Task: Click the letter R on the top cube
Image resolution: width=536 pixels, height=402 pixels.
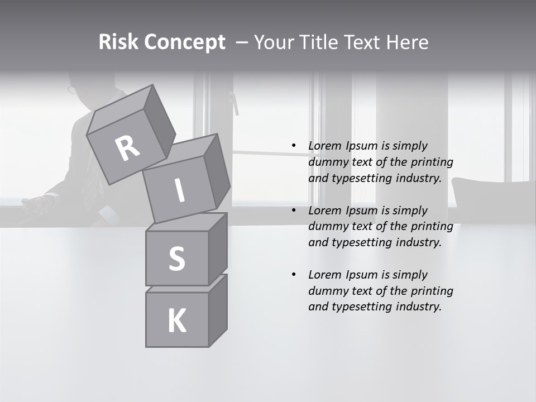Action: pos(127,149)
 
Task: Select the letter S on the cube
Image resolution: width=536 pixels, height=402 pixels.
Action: pos(176,259)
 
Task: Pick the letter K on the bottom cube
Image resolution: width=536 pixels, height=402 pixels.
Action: pos(176,321)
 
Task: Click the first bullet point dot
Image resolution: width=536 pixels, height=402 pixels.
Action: pos(294,146)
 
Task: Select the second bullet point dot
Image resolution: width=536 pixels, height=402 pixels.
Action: pos(294,210)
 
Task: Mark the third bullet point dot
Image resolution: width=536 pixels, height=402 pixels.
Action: pos(294,275)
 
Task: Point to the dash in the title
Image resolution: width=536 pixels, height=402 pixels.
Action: pos(241,42)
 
